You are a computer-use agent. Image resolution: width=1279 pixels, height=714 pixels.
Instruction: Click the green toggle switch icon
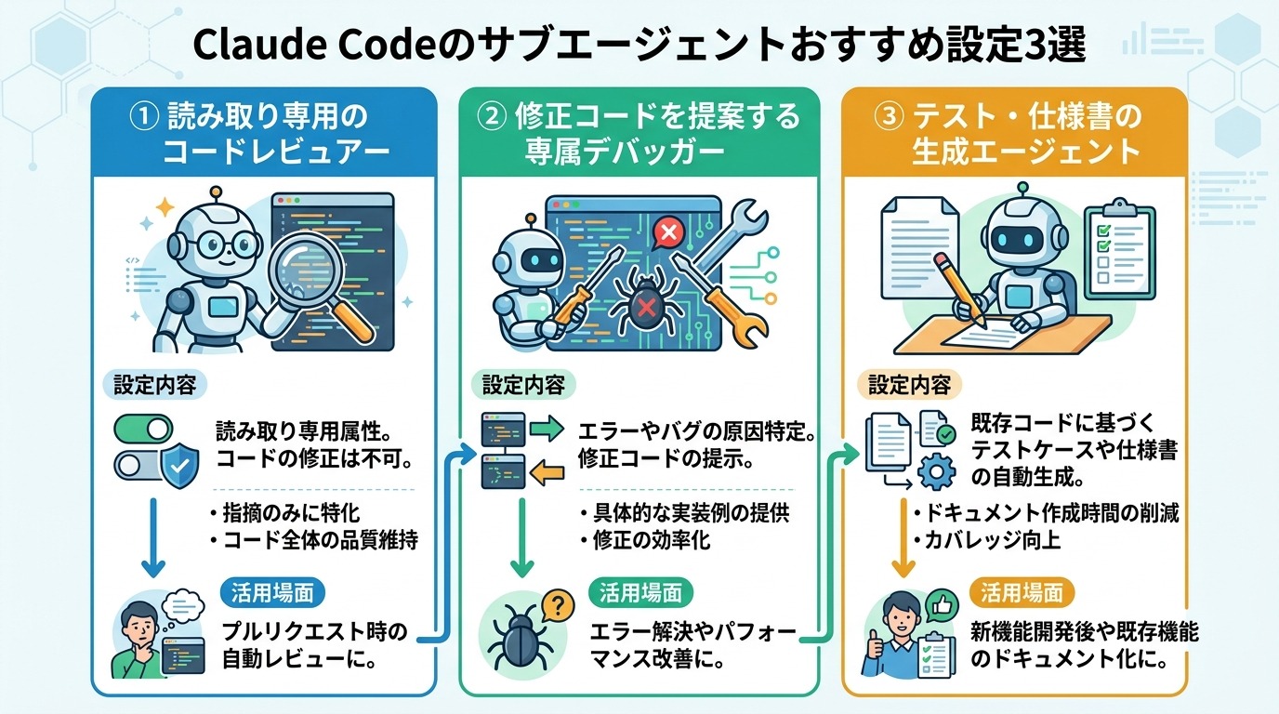144,429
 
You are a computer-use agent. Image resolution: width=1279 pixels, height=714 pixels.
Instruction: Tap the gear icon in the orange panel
936,472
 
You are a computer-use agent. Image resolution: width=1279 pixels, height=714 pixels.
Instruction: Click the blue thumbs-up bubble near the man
942,606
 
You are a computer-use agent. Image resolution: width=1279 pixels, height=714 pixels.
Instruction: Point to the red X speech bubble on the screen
666,231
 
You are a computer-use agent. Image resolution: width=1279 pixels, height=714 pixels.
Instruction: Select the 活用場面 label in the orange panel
1022,592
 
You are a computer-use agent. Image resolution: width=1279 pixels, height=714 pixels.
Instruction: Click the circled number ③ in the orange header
890,117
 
